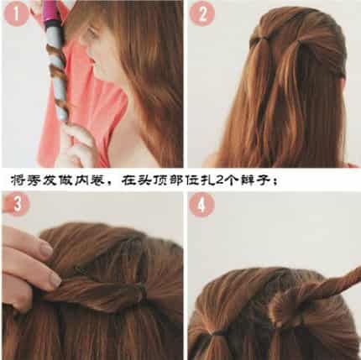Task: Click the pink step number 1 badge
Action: (x=16, y=14)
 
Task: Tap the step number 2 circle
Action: (x=202, y=13)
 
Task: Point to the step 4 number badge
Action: (x=201, y=205)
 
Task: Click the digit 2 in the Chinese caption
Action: (x=220, y=180)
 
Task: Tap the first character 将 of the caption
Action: (x=18, y=180)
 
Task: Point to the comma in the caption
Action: (x=112, y=183)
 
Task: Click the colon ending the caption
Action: (x=275, y=181)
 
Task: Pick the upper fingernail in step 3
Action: (x=46, y=248)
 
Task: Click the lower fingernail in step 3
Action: (x=55, y=279)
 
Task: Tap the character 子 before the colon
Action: (x=263, y=180)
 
